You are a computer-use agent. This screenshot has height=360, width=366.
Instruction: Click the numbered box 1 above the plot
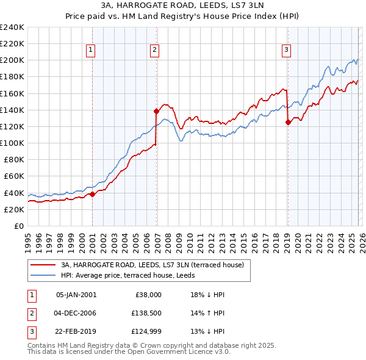[x=90, y=50]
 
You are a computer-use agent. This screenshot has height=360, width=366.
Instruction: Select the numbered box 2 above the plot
[x=155, y=50]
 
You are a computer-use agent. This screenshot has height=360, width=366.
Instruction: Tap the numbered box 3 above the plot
[x=285, y=50]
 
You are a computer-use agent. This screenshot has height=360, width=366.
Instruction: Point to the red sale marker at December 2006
[x=156, y=111]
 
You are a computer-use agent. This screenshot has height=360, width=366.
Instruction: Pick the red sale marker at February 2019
[x=288, y=122]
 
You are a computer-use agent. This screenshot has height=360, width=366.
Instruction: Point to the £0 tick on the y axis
[x=18, y=226]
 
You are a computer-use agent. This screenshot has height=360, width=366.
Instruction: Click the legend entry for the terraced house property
[x=152, y=265]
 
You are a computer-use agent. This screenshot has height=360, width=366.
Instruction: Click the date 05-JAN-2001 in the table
[x=76, y=294]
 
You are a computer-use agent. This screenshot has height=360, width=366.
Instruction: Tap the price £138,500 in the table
[x=145, y=314]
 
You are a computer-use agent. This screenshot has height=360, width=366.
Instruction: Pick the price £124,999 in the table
[x=145, y=333]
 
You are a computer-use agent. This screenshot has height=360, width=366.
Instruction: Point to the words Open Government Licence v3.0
[x=183, y=352]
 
